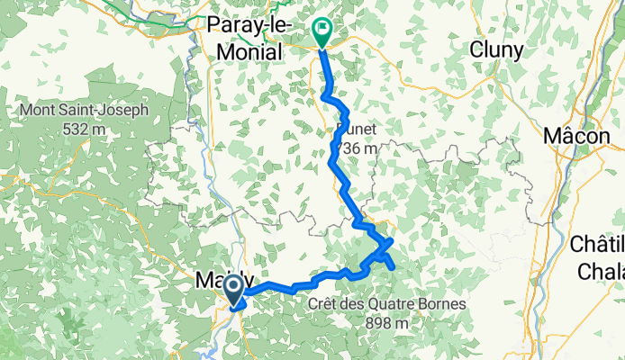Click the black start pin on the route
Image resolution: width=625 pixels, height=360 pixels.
(232, 290)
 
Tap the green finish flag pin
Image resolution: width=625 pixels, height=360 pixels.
(322, 33)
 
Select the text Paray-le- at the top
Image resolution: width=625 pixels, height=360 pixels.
(247, 24)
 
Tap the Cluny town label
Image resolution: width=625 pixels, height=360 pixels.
(496, 51)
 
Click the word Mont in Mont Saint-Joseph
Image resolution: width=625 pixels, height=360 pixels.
(39, 112)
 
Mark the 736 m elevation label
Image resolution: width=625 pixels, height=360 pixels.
(359, 147)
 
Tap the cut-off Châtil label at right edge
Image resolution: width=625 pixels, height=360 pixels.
(598, 242)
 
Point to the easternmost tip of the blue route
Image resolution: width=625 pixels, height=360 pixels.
(395, 265)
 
